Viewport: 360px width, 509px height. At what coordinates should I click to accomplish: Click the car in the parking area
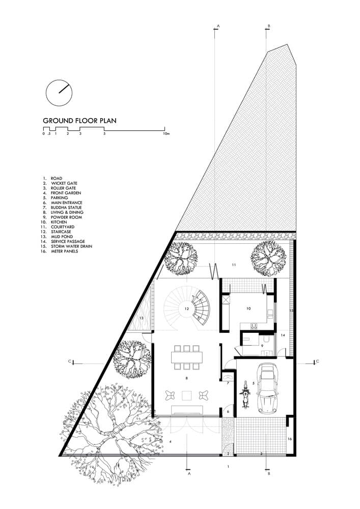click(x=268, y=388)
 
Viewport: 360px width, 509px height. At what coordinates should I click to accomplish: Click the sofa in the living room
click(x=186, y=410)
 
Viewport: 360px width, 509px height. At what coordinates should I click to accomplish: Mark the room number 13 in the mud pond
click(x=141, y=318)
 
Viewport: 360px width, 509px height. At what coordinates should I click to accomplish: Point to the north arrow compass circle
click(x=59, y=92)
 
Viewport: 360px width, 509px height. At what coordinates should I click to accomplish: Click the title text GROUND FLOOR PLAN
click(x=79, y=121)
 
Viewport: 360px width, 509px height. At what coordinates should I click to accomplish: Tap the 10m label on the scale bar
click(x=165, y=134)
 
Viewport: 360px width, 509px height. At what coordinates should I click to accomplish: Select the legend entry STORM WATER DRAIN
click(x=71, y=246)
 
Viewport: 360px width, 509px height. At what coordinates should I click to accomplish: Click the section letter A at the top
click(x=218, y=25)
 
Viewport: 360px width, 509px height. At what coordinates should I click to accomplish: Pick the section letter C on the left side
click(x=69, y=362)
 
